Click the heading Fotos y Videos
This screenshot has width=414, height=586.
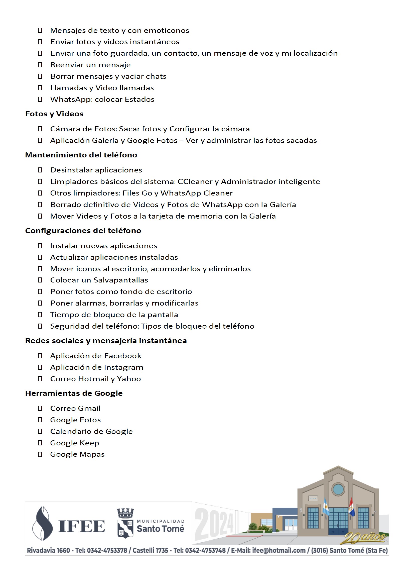54,114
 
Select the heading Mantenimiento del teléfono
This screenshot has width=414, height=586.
81,155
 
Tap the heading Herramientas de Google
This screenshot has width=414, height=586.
74,393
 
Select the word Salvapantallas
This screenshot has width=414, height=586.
121,280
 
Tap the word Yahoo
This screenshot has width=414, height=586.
129,379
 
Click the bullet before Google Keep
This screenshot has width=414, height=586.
40,443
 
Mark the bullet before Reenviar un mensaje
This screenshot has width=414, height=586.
40,65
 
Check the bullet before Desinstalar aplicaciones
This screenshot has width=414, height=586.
40,170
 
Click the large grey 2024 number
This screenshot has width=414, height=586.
214,523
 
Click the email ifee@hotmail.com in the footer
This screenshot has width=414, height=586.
279,550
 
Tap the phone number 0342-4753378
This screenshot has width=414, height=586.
107,550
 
